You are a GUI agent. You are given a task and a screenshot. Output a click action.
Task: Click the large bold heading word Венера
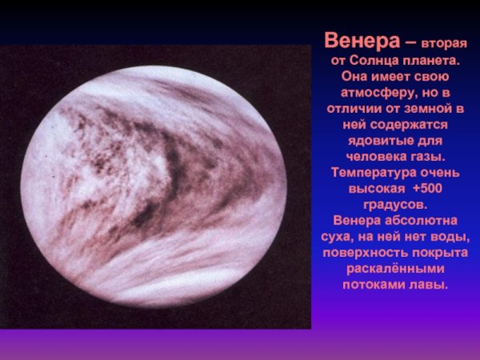coord(358,39)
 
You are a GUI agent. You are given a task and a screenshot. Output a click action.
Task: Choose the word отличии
coord(357,109)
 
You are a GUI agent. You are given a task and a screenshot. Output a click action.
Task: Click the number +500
coord(420,189)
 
